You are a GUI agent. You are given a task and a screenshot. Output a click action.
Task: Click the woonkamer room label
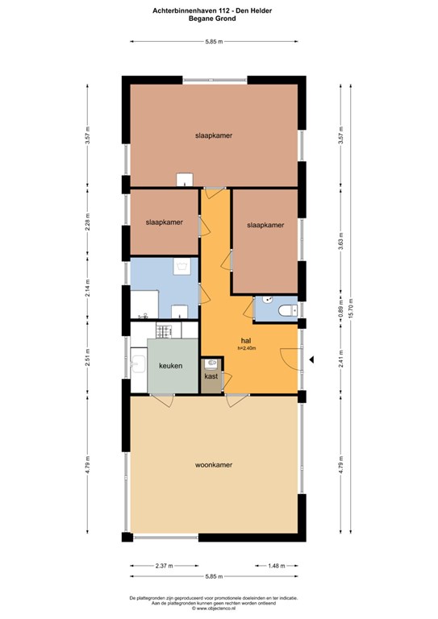[x=213, y=464]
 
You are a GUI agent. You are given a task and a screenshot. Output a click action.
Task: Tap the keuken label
[x=171, y=366]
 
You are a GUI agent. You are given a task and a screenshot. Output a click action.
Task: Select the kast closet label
[x=211, y=376]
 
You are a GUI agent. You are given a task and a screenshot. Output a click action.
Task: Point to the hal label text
[x=246, y=341]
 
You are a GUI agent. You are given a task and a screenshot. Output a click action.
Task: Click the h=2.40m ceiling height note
[x=247, y=348]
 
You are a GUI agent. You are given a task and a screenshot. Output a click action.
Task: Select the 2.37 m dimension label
[x=165, y=566]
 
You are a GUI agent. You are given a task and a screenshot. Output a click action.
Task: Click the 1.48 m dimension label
[x=277, y=566]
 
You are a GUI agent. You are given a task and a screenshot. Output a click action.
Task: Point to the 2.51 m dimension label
[x=88, y=357]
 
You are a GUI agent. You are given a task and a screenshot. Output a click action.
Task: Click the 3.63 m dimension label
[x=341, y=241]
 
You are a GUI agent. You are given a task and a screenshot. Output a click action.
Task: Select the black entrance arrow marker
[x=311, y=359]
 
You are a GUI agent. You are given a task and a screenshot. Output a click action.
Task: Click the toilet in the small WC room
[x=288, y=310]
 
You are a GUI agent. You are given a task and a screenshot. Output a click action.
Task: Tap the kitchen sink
[x=139, y=364]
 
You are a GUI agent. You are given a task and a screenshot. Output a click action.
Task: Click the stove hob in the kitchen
[x=164, y=330]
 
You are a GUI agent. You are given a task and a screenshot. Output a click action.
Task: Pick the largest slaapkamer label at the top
[x=214, y=135]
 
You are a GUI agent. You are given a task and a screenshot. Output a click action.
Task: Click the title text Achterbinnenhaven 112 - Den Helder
[x=212, y=10]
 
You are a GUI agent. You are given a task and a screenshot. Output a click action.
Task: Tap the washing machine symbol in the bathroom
[x=181, y=267]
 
